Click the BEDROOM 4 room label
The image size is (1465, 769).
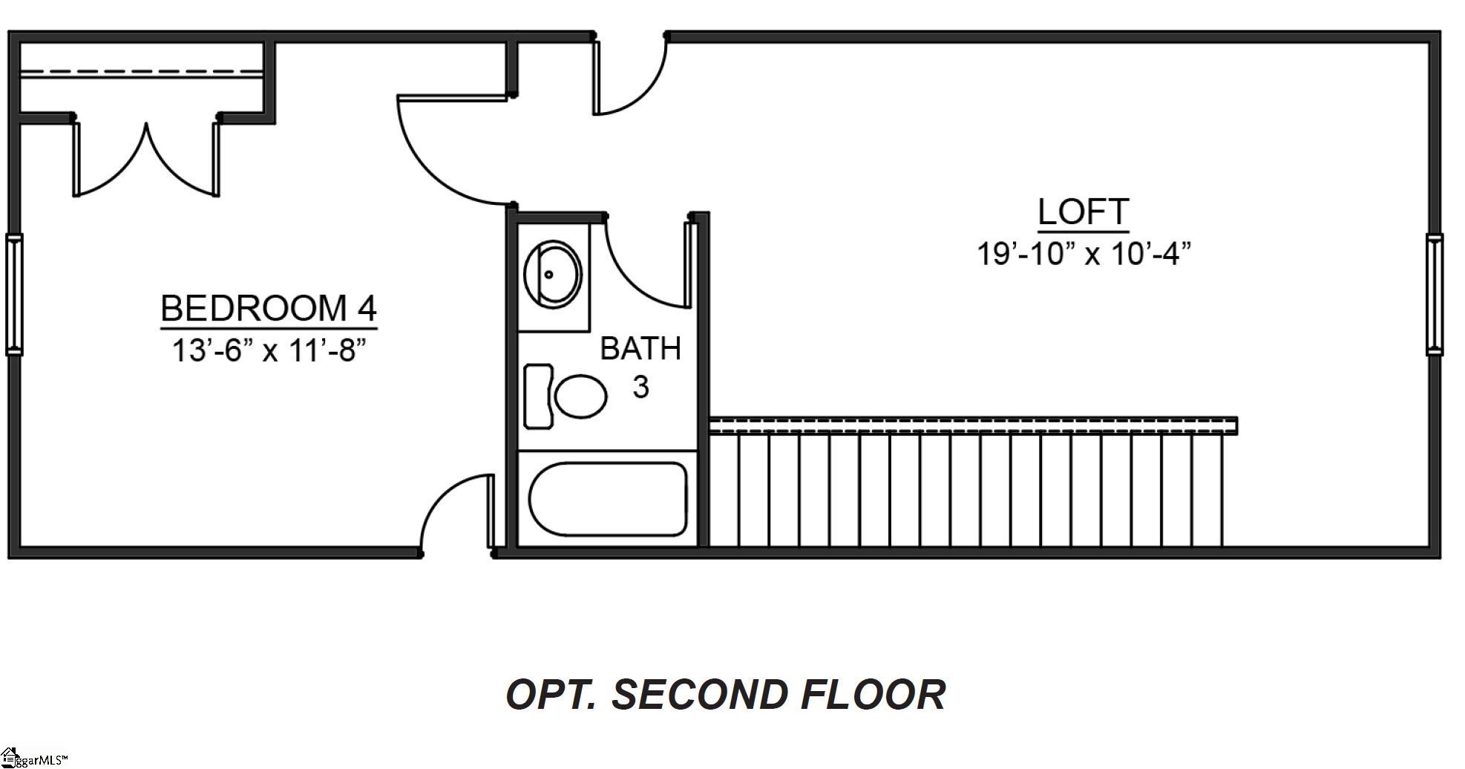(x=269, y=308)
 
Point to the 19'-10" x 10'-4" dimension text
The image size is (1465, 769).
(x=1084, y=254)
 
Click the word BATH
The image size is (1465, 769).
(x=640, y=349)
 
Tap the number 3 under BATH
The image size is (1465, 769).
(x=640, y=387)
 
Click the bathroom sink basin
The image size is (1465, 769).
(x=552, y=273)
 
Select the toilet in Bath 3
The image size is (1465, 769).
(x=566, y=396)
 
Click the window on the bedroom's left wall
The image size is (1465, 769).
(x=14, y=294)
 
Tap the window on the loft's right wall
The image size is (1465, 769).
(x=1435, y=294)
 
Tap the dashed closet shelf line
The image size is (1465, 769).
(x=141, y=73)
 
